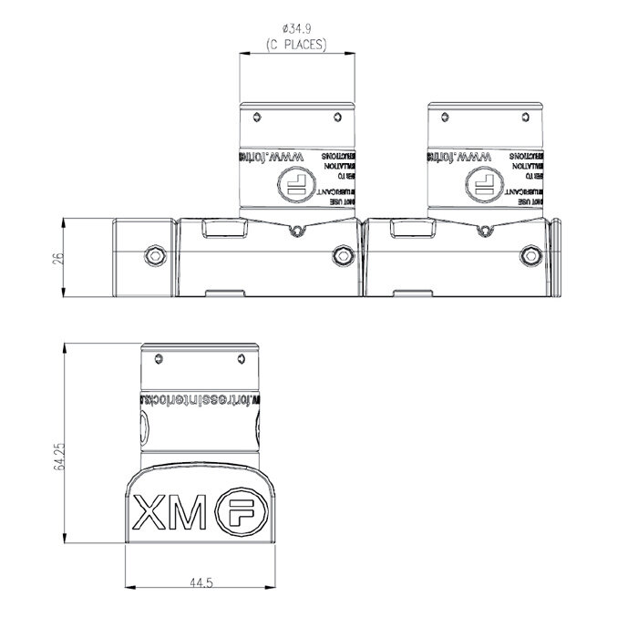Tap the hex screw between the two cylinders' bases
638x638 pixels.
pos(342,256)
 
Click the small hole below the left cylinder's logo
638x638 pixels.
pos(293,231)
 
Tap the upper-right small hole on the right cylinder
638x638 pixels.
pos(525,117)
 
